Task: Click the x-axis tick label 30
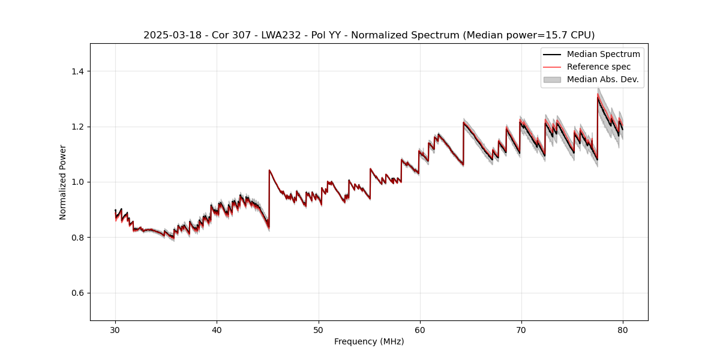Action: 115,330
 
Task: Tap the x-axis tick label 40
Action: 217,330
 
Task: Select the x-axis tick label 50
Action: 318,330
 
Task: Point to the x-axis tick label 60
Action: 419,330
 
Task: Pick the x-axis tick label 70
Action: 521,330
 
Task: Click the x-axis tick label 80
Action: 622,330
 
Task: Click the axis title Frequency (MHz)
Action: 369,342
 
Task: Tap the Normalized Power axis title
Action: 63,182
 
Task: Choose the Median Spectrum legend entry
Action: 603,55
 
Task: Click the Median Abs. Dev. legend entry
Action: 602,79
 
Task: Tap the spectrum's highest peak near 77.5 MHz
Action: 598,97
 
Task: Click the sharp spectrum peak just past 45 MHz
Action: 269,170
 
